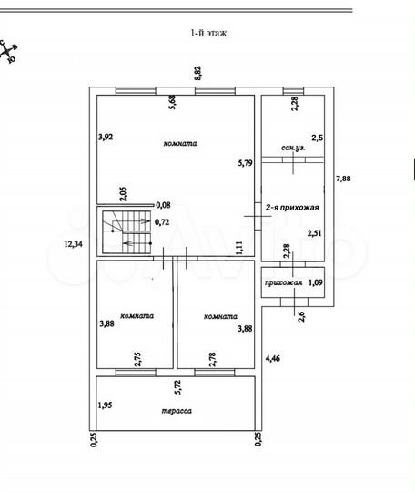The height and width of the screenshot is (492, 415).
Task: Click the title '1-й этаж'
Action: pyautogui.click(x=207, y=33)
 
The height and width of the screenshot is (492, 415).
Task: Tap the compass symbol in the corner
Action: pyautogui.click(x=9, y=52)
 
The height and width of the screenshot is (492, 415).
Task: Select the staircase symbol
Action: pyautogui.click(x=125, y=231)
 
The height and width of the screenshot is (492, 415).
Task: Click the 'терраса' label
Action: pyautogui.click(x=177, y=411)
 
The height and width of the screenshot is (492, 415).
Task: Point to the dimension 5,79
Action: pyautogui.click(x=244, y=163)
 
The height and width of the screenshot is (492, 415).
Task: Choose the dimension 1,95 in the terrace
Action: pyautogui.click(x=106, y=405)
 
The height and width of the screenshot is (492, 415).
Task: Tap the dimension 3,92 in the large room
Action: pyautogui.click(x=106, y=138)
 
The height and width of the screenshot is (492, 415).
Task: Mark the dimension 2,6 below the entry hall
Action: pyautogui.click(x=301, y=315)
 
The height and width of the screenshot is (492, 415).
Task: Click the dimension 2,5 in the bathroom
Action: pyautogui.click(x=316, y=138)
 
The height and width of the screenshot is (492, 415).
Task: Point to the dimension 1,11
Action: pyautogui.click(x=238, y=246)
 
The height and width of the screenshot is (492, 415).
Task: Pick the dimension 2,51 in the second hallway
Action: pyautogui.click(x=315, y=233)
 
